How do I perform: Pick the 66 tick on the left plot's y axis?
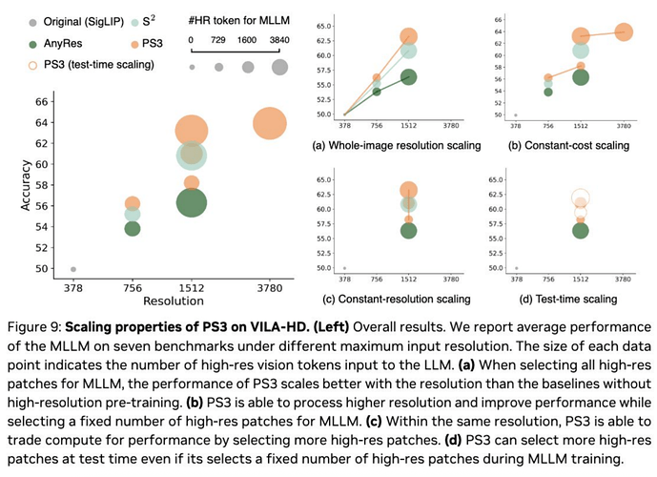[x=42, y=101]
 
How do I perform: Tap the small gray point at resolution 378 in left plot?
[x=73, y=269]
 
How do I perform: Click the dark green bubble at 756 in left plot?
[x=133, y=228]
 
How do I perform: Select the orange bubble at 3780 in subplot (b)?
[x=624, y=32]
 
